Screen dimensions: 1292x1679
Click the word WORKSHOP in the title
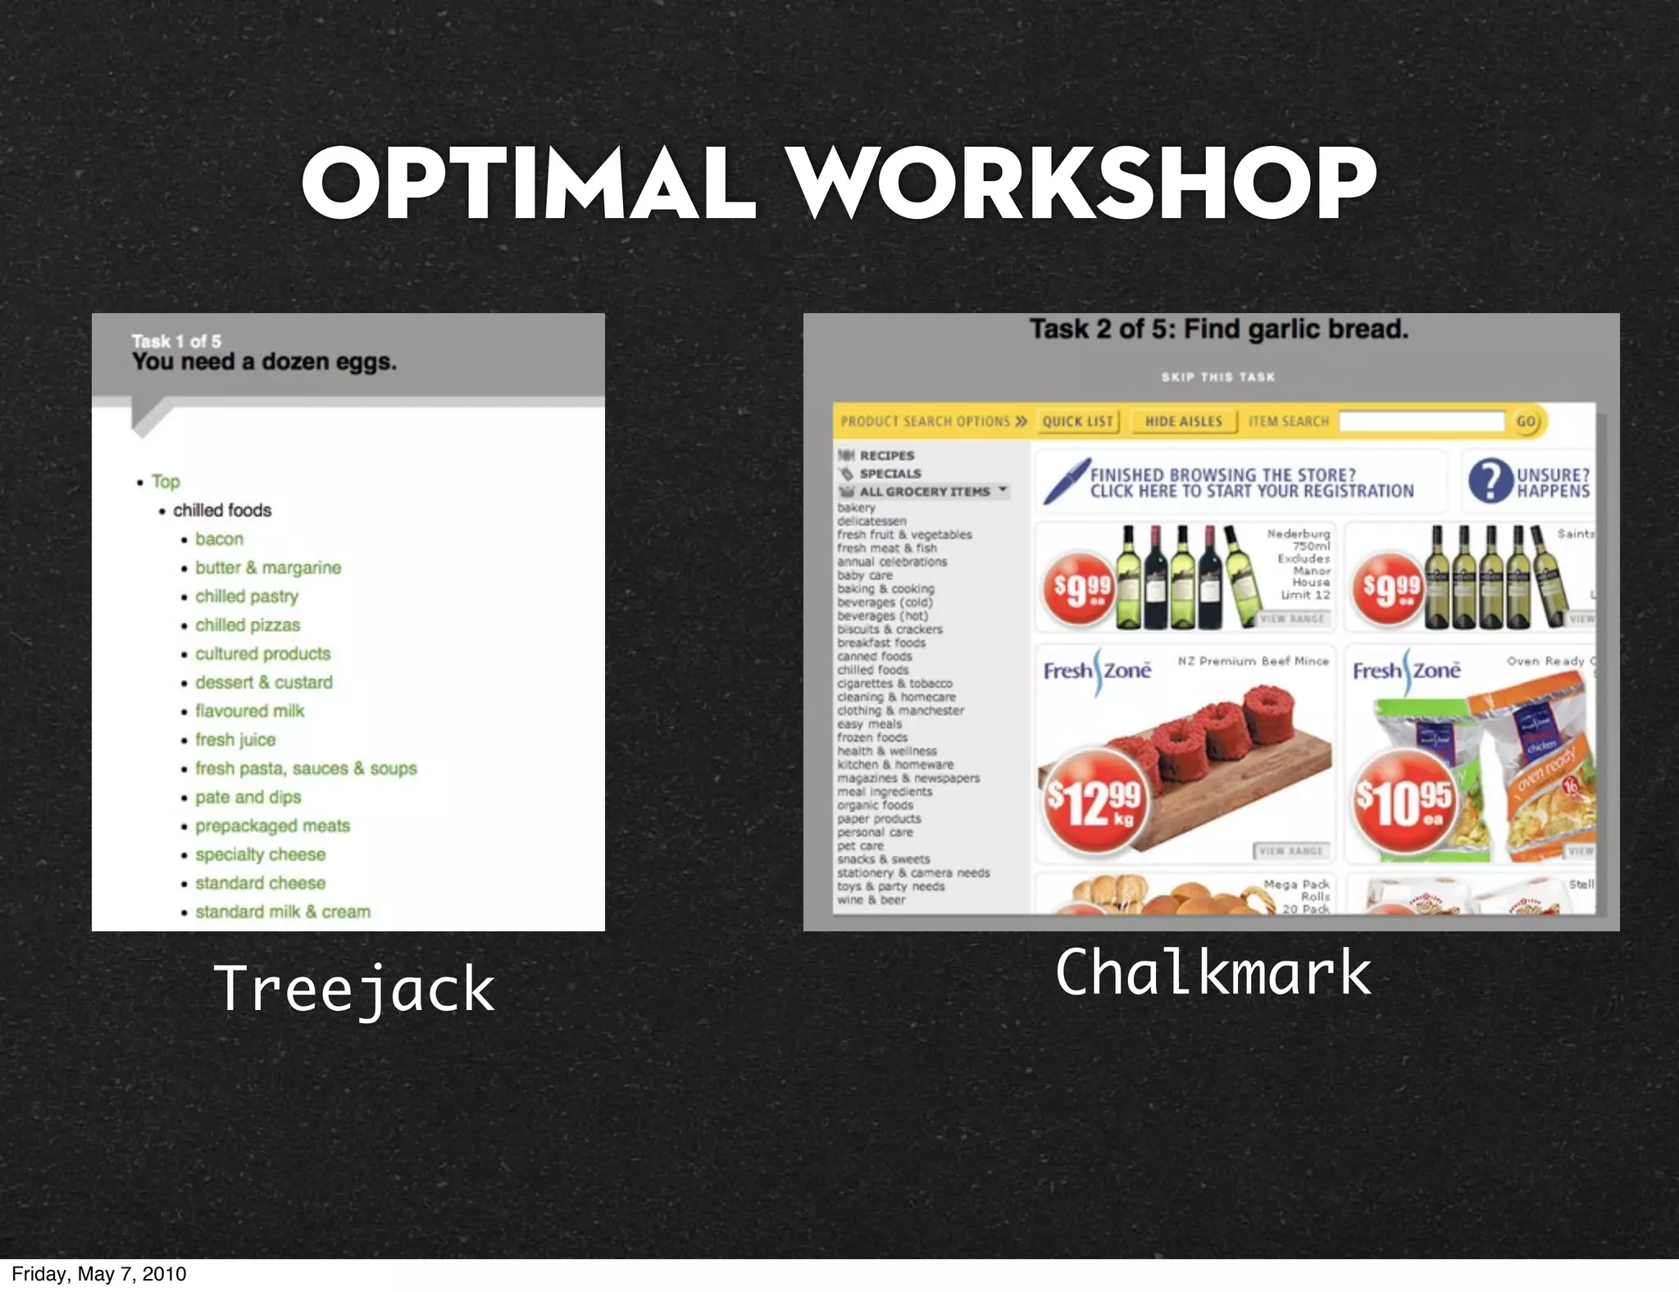pos(1082,184)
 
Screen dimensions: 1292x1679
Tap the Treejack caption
pos(354,989)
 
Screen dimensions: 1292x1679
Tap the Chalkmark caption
pos(1213,972)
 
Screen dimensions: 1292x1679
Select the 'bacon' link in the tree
pos(219,539)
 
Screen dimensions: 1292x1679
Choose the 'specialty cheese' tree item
pos(260,855)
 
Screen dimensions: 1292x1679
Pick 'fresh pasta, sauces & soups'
pos(306,769)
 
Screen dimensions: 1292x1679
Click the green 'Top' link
pos(166,482)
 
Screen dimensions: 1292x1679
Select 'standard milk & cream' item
pos(283,912)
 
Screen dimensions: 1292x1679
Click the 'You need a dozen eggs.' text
pos(264,362)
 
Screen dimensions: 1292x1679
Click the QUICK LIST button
pos(1077,421)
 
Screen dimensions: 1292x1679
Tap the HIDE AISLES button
pos(1183,421)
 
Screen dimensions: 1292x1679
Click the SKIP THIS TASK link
pos(1217,377)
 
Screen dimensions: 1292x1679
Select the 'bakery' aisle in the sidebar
pos(856,508)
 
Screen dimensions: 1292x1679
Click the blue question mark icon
pos(1490,481)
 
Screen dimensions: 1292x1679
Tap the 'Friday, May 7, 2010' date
pos(99,1274)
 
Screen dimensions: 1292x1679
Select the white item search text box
pos(1422,421)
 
